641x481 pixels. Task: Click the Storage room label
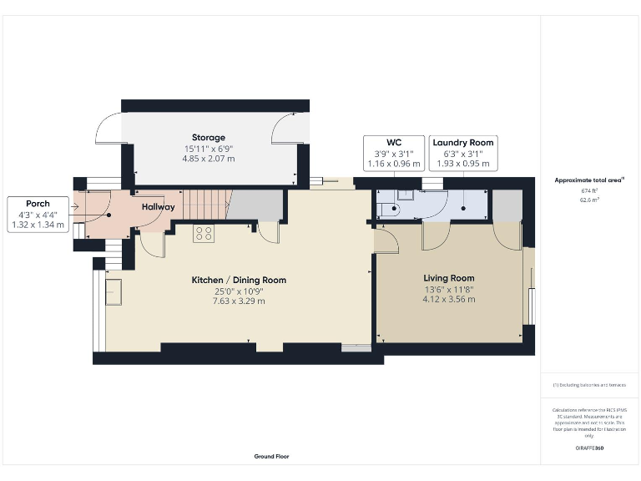point(209,138)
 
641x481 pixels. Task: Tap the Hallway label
point(158,206)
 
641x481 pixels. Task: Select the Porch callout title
point(38,204)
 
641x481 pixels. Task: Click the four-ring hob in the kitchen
point(203,234)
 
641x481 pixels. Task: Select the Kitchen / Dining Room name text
point(239,280)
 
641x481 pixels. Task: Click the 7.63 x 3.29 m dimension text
point(239,301)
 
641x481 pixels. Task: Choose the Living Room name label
point(449,278)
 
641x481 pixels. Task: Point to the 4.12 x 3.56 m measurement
point(449,299)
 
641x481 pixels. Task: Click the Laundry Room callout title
point(463,143)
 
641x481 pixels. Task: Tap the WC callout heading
point(395,143)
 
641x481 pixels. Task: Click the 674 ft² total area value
point(589,190)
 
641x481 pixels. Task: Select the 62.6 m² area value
point(589,200)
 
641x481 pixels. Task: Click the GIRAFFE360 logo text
point(589,448)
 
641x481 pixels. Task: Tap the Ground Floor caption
point(271,457)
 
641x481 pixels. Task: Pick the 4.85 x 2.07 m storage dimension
point(209,159)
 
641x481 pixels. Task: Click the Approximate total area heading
point(589,180)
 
